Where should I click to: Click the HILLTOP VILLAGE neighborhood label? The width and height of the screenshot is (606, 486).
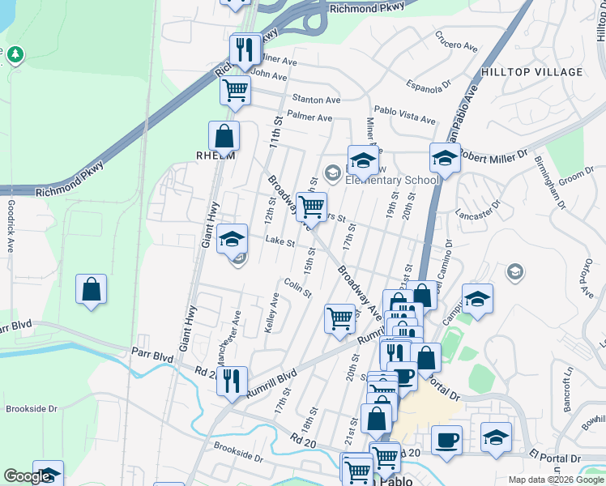[531, 72]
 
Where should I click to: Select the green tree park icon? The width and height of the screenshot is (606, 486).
[15, 55]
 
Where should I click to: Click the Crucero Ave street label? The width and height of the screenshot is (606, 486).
[454, 40]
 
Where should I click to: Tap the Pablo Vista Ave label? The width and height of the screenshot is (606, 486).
[404, 114]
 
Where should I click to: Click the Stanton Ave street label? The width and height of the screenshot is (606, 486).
[317, 99]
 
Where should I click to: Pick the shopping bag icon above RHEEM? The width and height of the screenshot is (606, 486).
[224, 136]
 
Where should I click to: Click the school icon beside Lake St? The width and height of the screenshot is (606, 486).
[233, 239]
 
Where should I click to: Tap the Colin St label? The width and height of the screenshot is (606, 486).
[298, 288]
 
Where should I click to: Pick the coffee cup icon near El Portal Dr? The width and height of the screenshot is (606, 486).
[446, 441]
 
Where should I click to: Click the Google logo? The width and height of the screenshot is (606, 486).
[28, 476]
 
